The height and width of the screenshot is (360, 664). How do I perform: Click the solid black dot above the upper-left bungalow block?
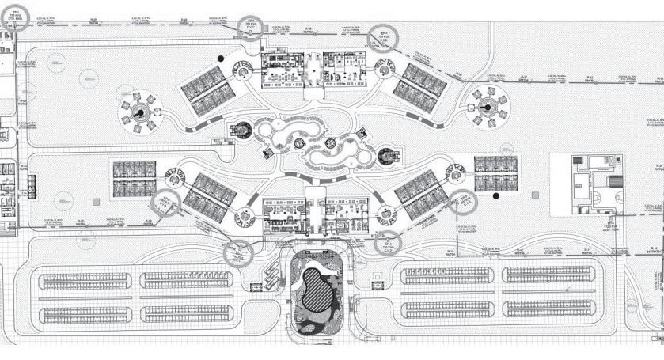[224, 59]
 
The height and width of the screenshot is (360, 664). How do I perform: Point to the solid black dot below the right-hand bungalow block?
[495, 195]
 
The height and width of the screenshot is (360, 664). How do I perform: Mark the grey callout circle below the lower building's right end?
[388, 243]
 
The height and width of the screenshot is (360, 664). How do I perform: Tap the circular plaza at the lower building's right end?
[389, 213]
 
